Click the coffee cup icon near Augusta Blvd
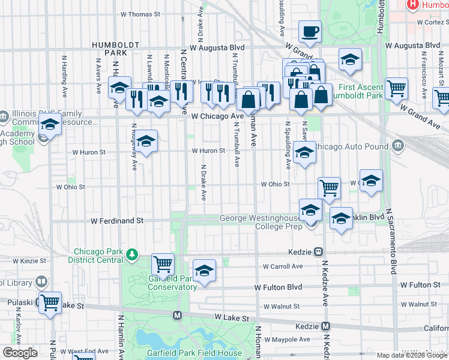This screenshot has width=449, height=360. pos(310,31)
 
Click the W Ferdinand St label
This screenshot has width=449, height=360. pos(117,221)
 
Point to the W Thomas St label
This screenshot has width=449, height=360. pos(140,14)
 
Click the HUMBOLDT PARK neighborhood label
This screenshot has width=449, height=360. pos(116,49)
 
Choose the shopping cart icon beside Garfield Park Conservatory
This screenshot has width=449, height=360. pos(163,263)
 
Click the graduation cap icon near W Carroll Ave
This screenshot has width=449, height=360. pos(204,269)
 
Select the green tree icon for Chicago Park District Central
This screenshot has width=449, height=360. pos(132,256)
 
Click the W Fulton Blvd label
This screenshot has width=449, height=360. pos(278,287)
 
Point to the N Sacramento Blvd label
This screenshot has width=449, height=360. pos(394,240)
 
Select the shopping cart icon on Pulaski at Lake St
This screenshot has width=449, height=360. pos(49,303)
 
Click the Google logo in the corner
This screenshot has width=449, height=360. pos(20,353)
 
